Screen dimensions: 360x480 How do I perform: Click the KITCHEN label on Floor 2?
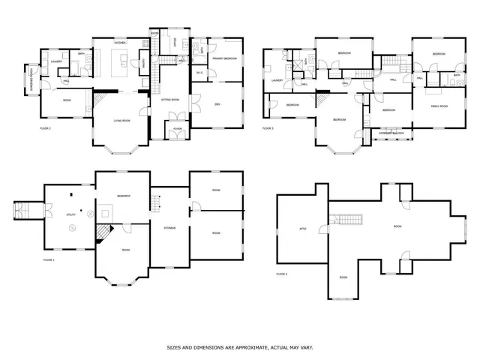click(120, 43)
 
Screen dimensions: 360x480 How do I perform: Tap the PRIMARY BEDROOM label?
click(224, 58)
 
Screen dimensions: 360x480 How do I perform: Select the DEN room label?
click(217, 103)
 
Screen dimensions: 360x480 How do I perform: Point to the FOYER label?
click(177, 128)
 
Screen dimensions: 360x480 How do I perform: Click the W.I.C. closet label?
click(200, 73)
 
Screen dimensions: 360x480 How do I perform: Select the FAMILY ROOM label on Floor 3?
click(439, 106)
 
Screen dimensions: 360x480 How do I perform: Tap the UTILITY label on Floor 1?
click(72, 214)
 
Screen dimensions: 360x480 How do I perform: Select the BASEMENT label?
click(124, 196)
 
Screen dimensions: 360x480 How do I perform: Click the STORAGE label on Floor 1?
click(169, 228)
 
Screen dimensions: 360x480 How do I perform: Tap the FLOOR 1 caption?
click(49, 259)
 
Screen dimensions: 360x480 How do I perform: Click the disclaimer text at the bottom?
click(240, 348)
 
